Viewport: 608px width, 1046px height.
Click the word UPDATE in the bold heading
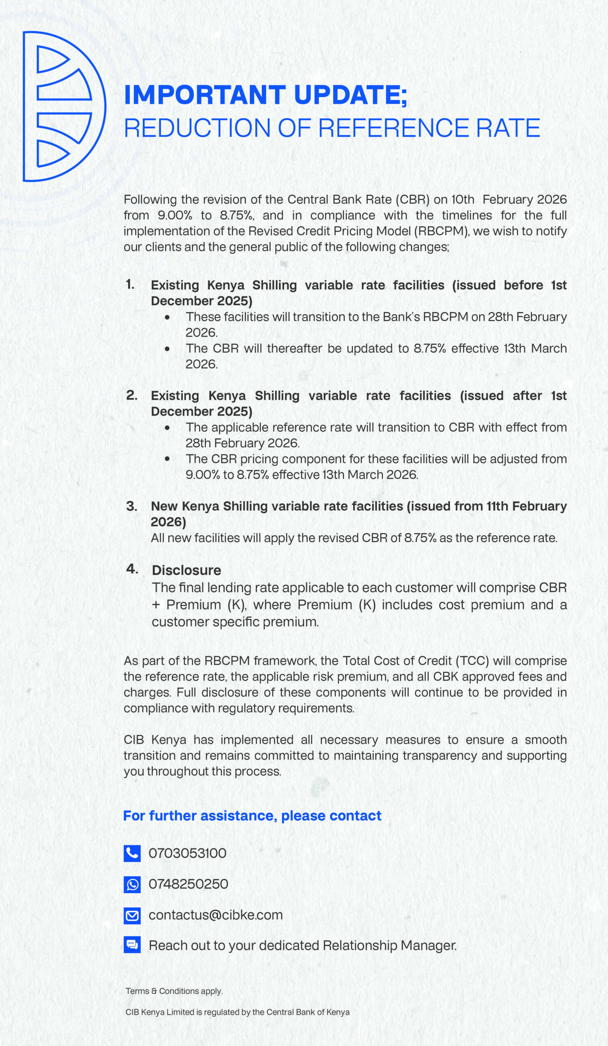pos(347,95)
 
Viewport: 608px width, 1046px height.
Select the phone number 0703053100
pos(187,854)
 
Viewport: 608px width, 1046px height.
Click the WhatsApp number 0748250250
pos(188,884)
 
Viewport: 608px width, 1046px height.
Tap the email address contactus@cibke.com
pos(215,915)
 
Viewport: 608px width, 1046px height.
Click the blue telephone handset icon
pos(132,854)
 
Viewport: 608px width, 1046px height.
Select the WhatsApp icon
pos(132,885)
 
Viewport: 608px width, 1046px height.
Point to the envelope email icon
pos(132,915)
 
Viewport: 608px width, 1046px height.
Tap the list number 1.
pos(130,284)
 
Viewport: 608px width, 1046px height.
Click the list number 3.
pos(131,506)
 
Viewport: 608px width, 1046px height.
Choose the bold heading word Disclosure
pos(186,570)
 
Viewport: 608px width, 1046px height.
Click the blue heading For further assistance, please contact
pos(252,816)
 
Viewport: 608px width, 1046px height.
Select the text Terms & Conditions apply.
pos(174,991)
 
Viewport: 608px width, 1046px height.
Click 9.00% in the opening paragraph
pos(175,215)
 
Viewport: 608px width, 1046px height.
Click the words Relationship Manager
pos(390,945)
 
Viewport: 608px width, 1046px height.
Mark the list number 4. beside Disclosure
pos(132,569)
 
